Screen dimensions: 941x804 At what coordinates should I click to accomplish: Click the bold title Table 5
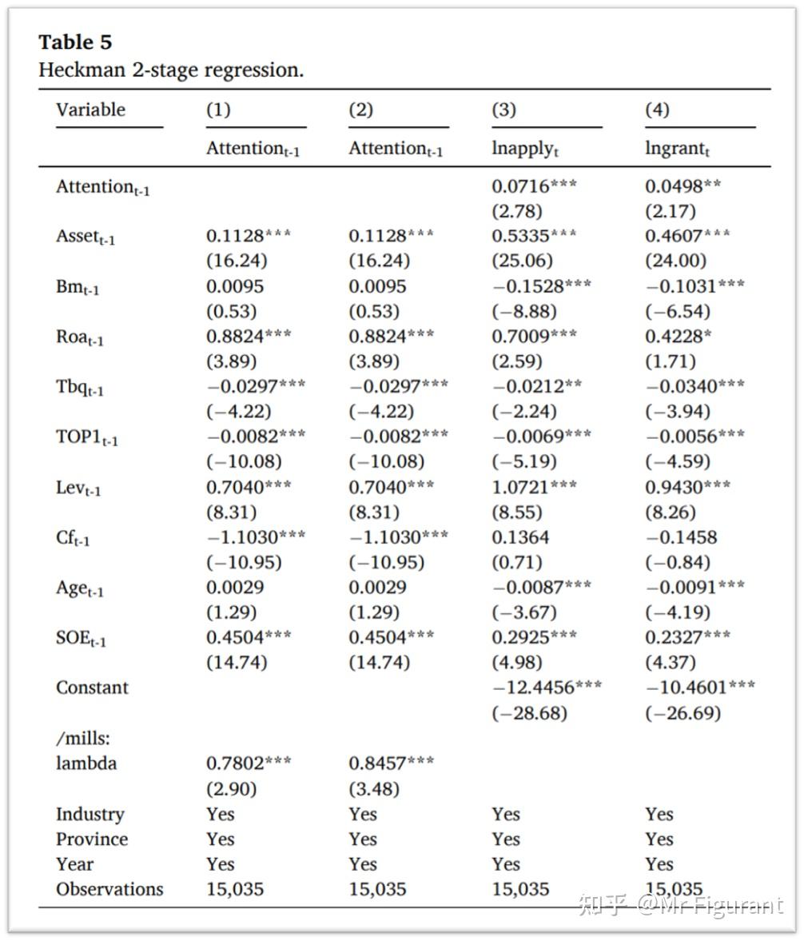76,42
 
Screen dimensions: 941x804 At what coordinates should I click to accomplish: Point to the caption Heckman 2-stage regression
171,70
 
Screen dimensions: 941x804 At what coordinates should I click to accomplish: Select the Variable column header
90,110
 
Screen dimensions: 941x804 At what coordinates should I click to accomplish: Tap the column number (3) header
503,110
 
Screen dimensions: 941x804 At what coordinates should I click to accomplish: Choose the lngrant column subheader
677,149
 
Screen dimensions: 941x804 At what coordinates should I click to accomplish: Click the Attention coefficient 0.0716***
533,186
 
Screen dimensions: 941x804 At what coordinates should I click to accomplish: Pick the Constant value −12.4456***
547,688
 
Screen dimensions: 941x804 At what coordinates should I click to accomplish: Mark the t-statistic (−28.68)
529,712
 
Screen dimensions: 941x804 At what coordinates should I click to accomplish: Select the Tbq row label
80,387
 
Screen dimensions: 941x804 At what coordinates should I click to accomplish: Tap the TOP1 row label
86,437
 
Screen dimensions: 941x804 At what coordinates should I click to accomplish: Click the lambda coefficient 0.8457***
391,763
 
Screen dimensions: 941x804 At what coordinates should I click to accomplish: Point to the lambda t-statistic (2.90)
232,788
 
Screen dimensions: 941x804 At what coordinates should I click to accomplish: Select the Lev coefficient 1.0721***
533,487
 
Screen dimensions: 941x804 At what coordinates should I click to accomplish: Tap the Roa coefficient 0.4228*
679,337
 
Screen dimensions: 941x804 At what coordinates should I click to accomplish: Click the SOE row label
81,638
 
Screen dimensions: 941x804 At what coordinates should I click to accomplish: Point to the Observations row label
109,889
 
